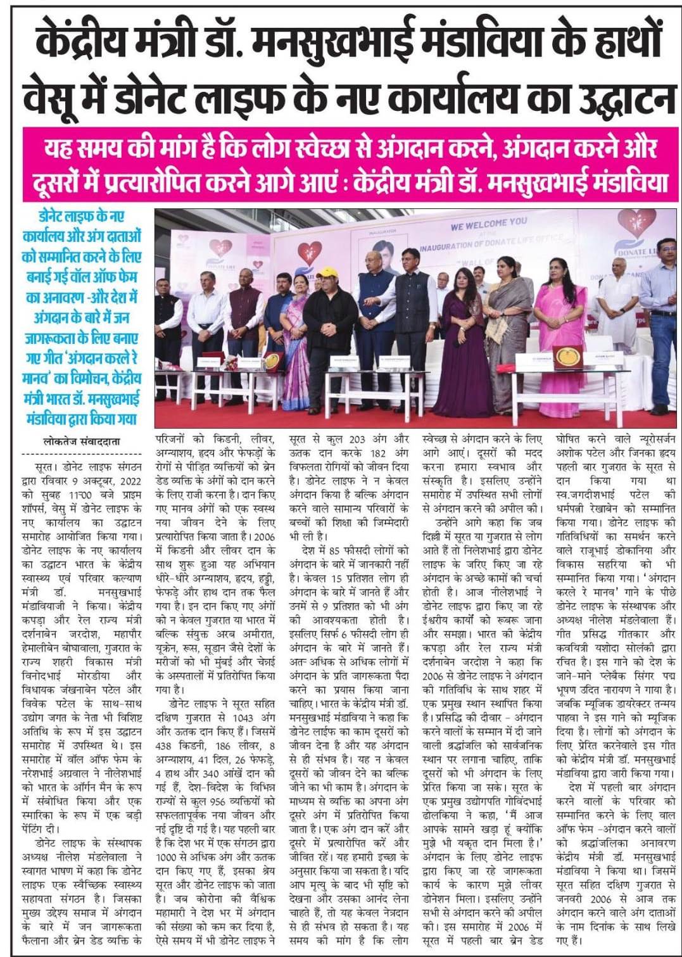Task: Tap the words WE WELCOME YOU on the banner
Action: (488, 223)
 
